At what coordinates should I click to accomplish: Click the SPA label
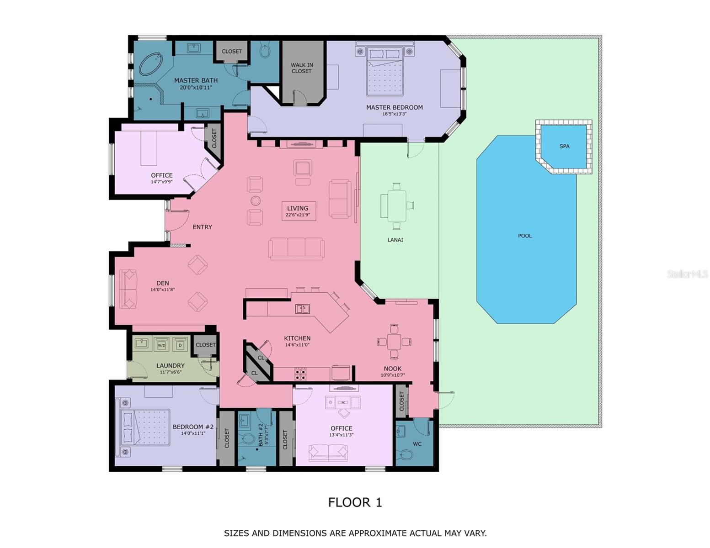tap(564, 146)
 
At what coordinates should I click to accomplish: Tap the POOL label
tap(525, 236)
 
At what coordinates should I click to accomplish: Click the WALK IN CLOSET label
tap(302, 68)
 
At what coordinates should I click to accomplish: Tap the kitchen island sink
tap(302, 309)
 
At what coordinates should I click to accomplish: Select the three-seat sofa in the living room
tap(296, 249)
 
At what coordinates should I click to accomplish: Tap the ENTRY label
tap(202, 227)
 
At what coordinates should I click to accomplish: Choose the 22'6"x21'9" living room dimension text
tap(297, 215)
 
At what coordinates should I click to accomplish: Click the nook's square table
tap(394, 342)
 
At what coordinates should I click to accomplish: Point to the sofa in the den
tap(128, 289)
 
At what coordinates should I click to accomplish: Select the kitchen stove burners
tap(301, 374)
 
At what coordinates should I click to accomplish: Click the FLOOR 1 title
tap(355, 502)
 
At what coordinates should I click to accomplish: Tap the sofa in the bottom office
tap(328, 453)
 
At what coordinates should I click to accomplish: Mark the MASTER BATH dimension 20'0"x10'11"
tap(196, 88)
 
